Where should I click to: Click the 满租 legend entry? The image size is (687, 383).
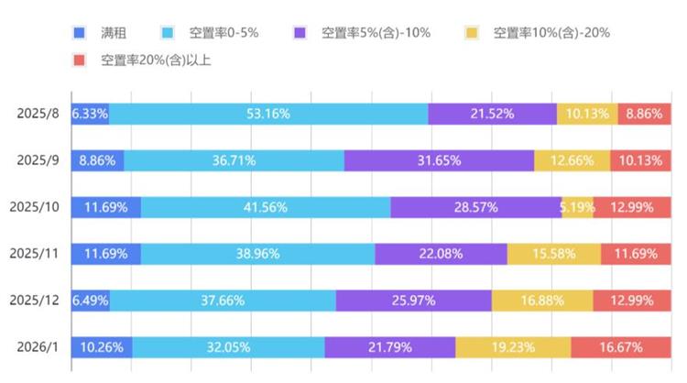tap(105, 33)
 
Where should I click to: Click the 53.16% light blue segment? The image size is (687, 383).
tap(267, 114)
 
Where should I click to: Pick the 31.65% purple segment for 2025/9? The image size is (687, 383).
tap(439, 160)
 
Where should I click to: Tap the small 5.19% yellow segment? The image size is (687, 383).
tap(577, 207)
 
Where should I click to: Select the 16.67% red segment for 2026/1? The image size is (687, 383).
tap(620, 347)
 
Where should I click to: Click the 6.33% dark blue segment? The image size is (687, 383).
tap(90, 114)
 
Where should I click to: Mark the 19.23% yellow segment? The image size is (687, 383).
tap(513, 347)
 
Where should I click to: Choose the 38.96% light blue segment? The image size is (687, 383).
tap(257, 254)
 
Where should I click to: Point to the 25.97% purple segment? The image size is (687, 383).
tap(413, 301)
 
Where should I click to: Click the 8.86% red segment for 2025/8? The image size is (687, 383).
tap(644, 114)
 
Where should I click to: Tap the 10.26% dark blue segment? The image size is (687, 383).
tap(102, 347)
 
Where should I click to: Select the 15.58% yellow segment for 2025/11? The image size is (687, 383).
tap(553, 254)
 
